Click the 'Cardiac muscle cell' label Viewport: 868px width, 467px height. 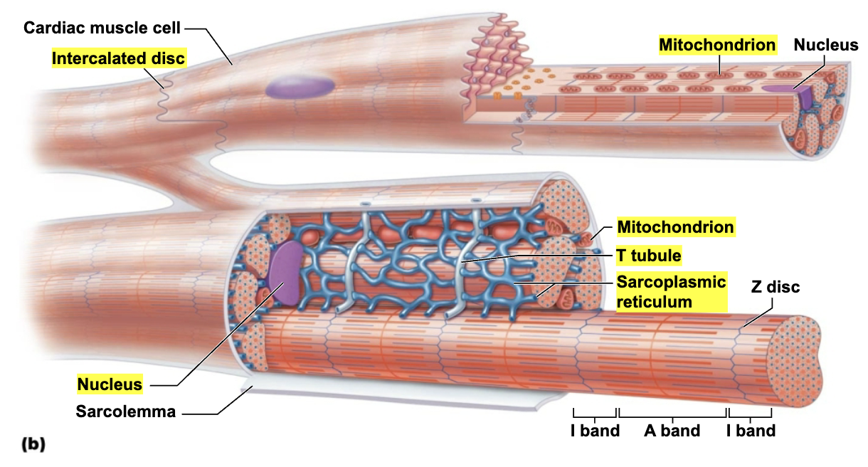102,28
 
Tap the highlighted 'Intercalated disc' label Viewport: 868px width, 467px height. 119,58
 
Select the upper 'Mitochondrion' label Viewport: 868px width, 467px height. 717,45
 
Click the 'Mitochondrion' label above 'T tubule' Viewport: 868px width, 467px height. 675,228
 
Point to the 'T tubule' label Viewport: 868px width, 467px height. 649,256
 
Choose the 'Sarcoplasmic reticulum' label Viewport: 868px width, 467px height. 671,291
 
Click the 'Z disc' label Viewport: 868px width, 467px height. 776,287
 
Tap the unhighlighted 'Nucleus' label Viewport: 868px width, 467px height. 826,45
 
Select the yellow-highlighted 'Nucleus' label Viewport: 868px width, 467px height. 110,384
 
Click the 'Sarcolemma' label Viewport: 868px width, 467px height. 126,411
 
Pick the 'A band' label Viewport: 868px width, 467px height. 672,431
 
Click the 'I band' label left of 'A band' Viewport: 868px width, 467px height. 595,431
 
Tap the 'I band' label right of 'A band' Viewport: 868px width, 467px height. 751,431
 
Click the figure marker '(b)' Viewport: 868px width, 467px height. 33,445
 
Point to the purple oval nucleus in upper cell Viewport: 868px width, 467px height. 300,87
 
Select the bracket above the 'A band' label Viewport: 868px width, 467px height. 672,414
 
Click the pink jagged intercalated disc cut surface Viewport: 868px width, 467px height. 494,50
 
